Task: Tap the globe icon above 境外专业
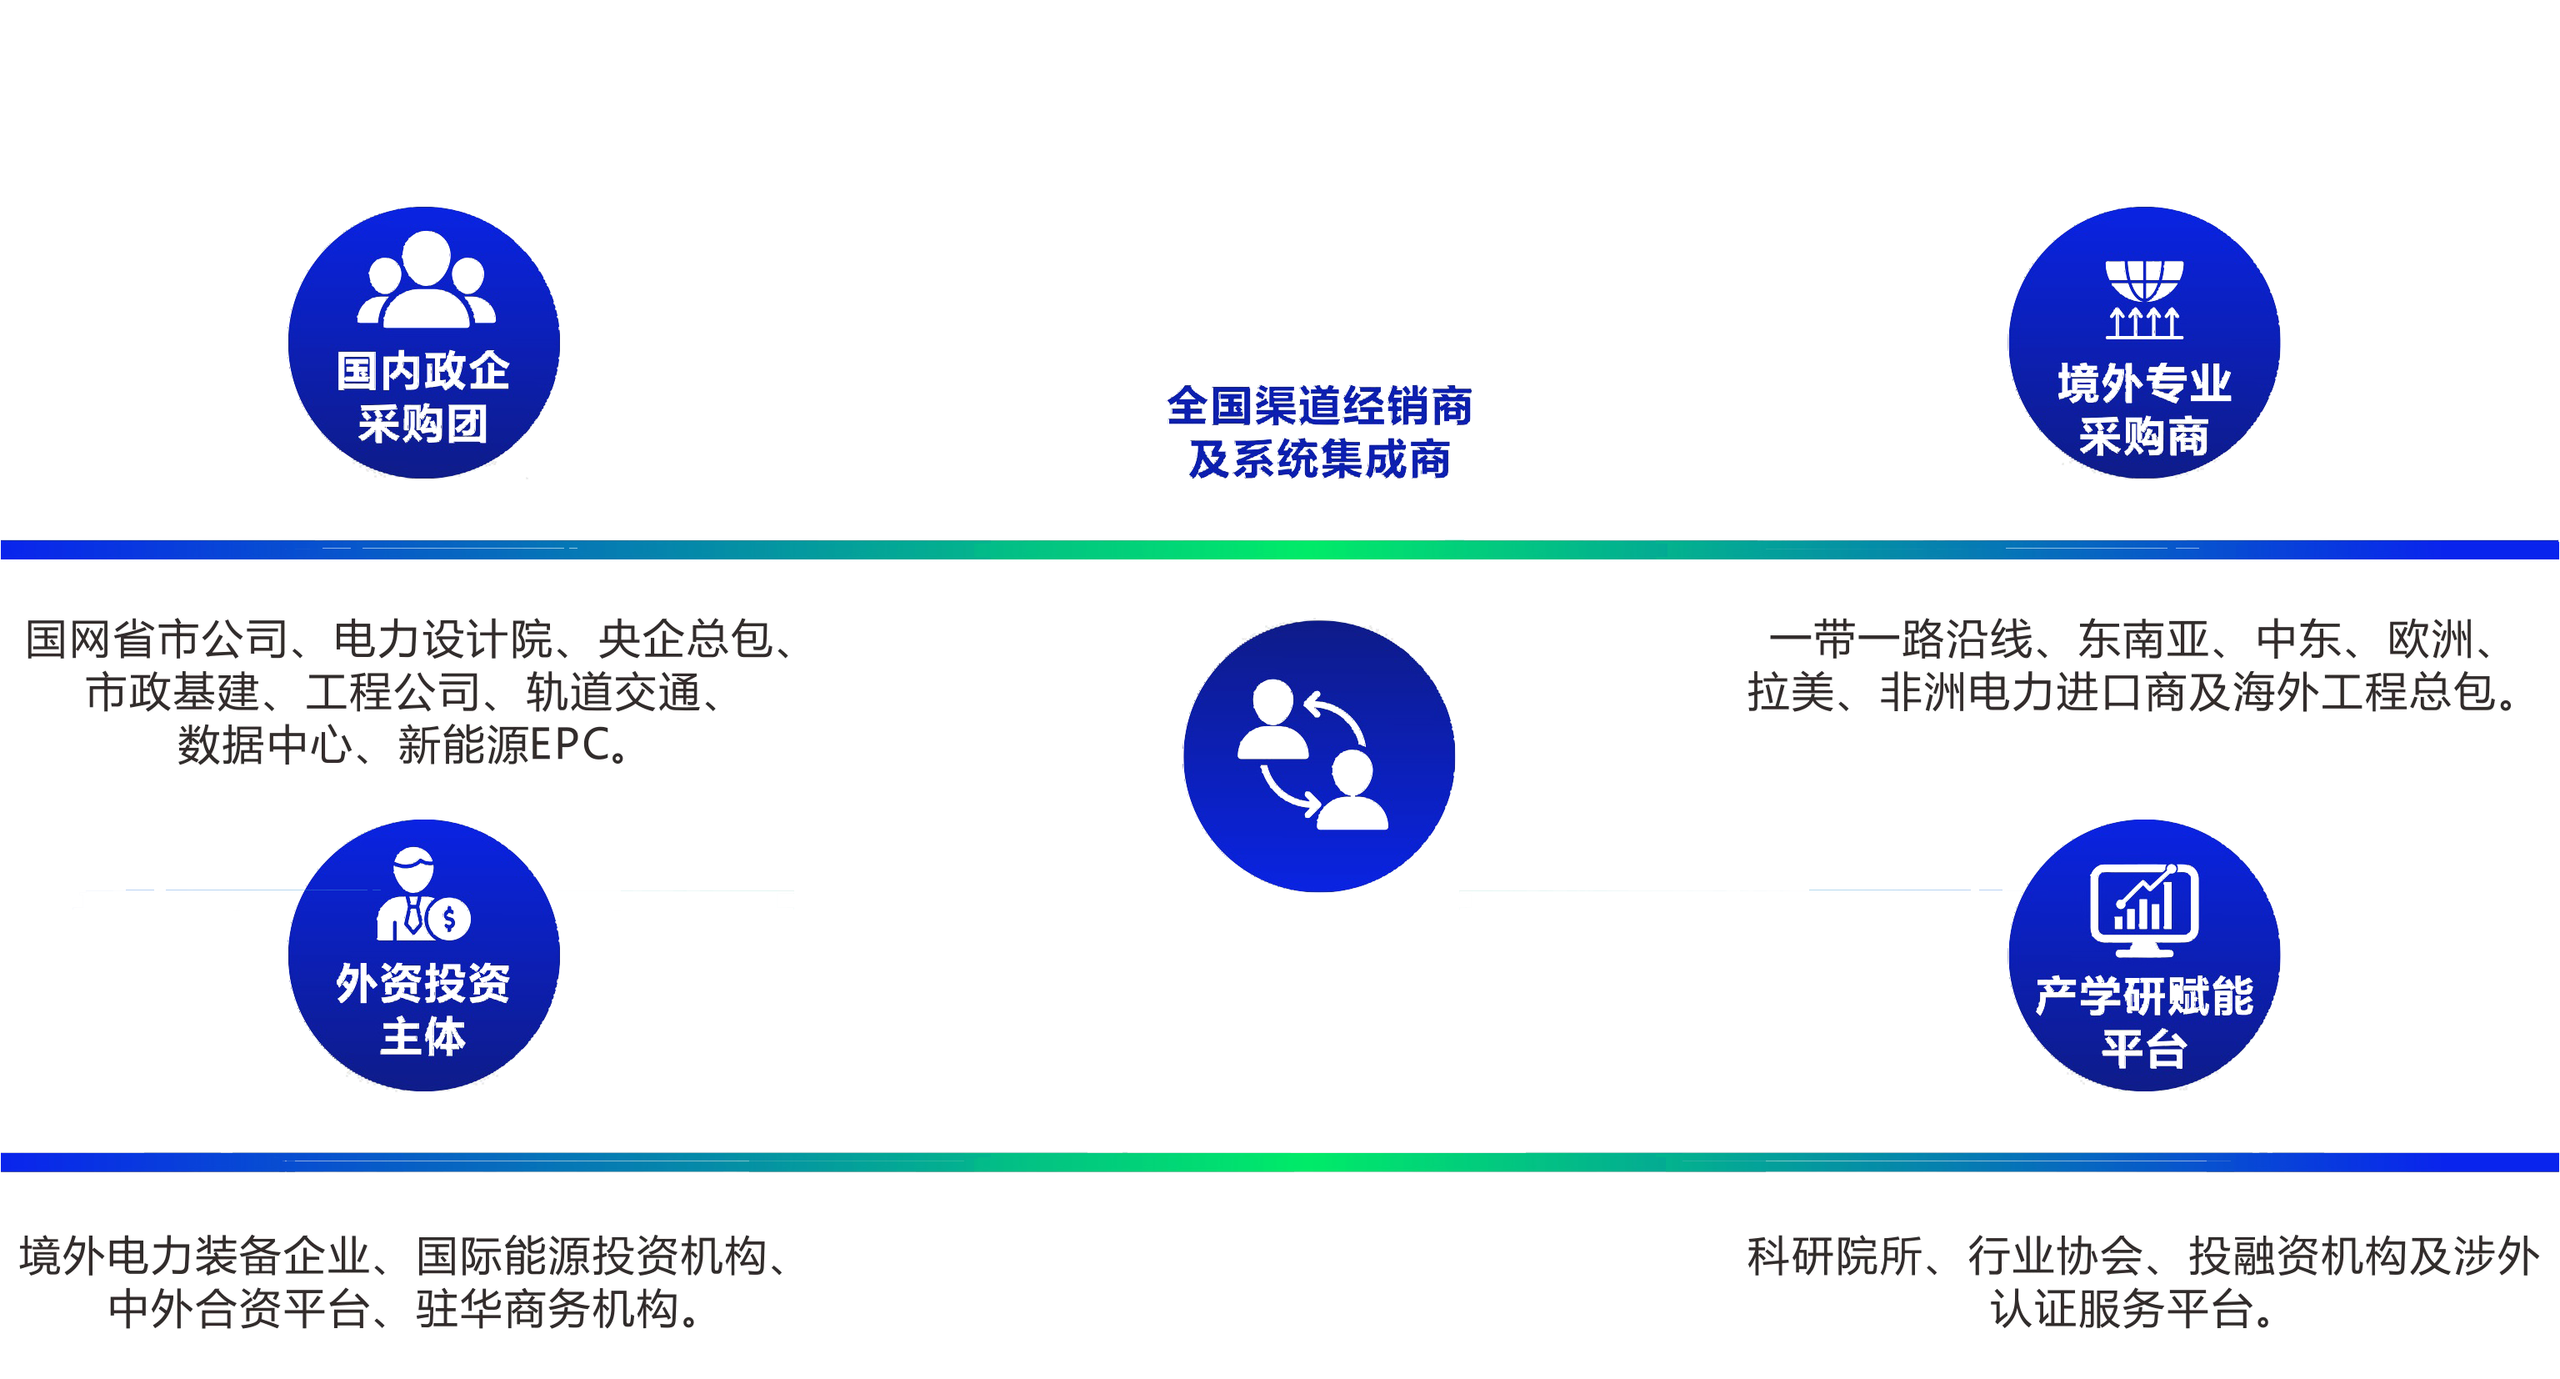point(2145,299)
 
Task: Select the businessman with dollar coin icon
point(423,894)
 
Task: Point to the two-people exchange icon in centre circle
point(1312,754)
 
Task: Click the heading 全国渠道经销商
point(1319,406)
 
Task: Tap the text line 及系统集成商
point(1319,459)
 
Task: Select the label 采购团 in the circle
point(423,424)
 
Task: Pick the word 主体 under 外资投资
point(423,1036)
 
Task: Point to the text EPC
point(569,745)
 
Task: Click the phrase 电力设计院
point(442,639)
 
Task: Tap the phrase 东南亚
point(2142,639)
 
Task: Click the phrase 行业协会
point(2055,1256)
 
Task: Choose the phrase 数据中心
point(264,745)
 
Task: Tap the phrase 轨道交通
point(613,692)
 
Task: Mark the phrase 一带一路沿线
point(1900,639)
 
